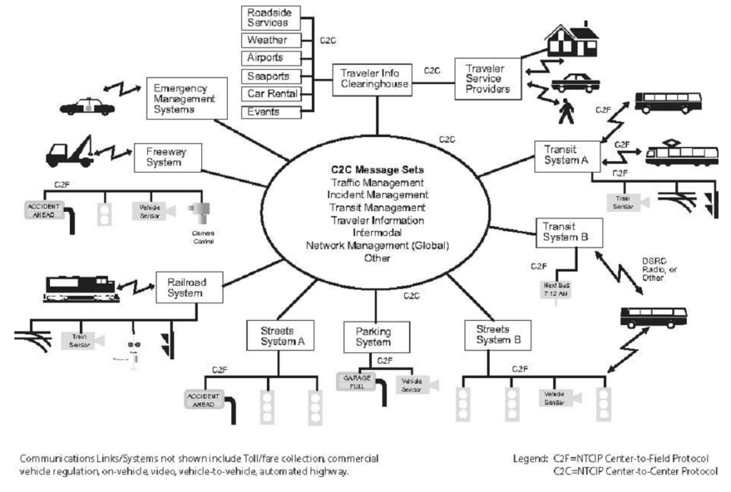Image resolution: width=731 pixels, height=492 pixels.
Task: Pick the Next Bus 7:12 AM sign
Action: coord(554,291)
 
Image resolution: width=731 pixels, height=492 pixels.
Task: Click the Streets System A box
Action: coord(276,335)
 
